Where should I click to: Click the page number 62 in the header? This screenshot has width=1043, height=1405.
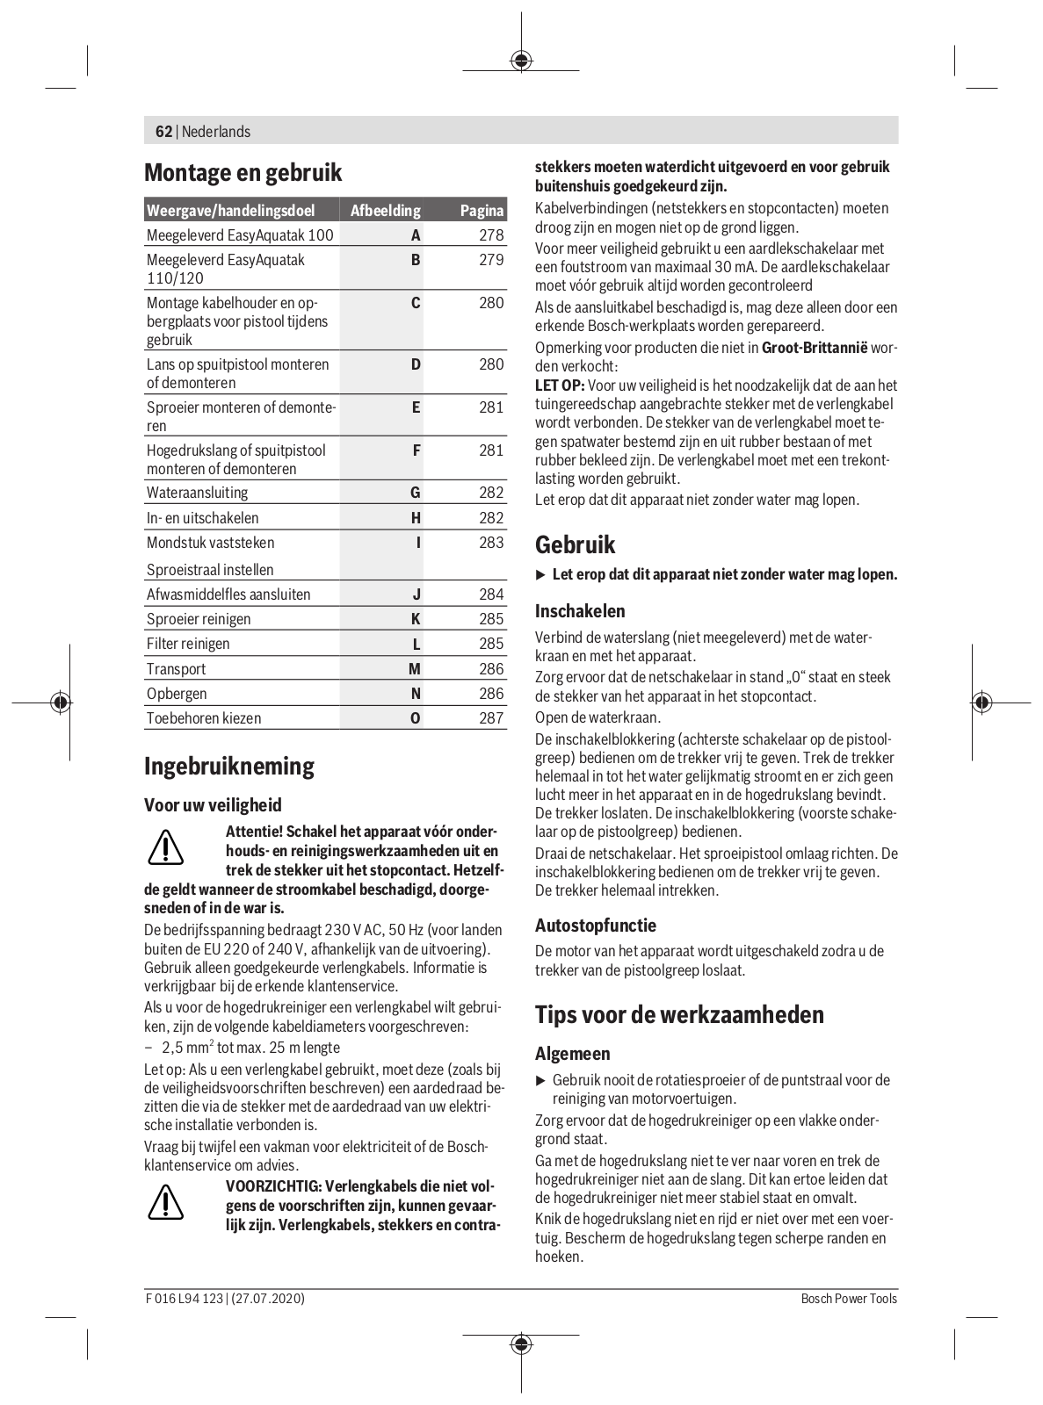[x=163, y=132]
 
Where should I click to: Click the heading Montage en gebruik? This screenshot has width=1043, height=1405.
[x=243, y=172]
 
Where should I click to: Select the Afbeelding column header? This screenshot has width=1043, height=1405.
[x=385, y=211]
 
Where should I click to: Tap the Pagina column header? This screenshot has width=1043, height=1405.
[x=482, y=211]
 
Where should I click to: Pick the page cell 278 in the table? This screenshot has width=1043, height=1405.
[x=491, y=235]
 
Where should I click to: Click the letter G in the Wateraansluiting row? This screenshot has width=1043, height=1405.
[x=416, y=493]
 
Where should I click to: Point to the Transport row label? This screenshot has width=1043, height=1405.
[x=176, y=669]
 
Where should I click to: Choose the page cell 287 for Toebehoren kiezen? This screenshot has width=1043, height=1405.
[x=491, y=718]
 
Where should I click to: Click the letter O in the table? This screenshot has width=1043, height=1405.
[x=416, y=718]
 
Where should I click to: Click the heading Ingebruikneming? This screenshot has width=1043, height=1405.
[x=228, y=767]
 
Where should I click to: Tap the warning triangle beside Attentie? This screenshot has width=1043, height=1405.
[x=165, y=847]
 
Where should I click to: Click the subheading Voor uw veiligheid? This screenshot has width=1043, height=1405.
[x=213, y=805]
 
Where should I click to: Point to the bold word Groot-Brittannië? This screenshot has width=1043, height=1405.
[x=814, y=348]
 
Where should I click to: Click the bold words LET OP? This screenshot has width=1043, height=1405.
[x=560, y=385]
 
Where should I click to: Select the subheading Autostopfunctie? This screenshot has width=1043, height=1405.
[x=595, y=926]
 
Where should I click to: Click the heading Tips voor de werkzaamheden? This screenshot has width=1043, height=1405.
[x=679, y=1015]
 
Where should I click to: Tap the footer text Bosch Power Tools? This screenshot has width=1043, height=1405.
[x=849, y=1299]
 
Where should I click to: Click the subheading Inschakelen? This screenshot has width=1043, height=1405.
[x=580, y=611]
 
